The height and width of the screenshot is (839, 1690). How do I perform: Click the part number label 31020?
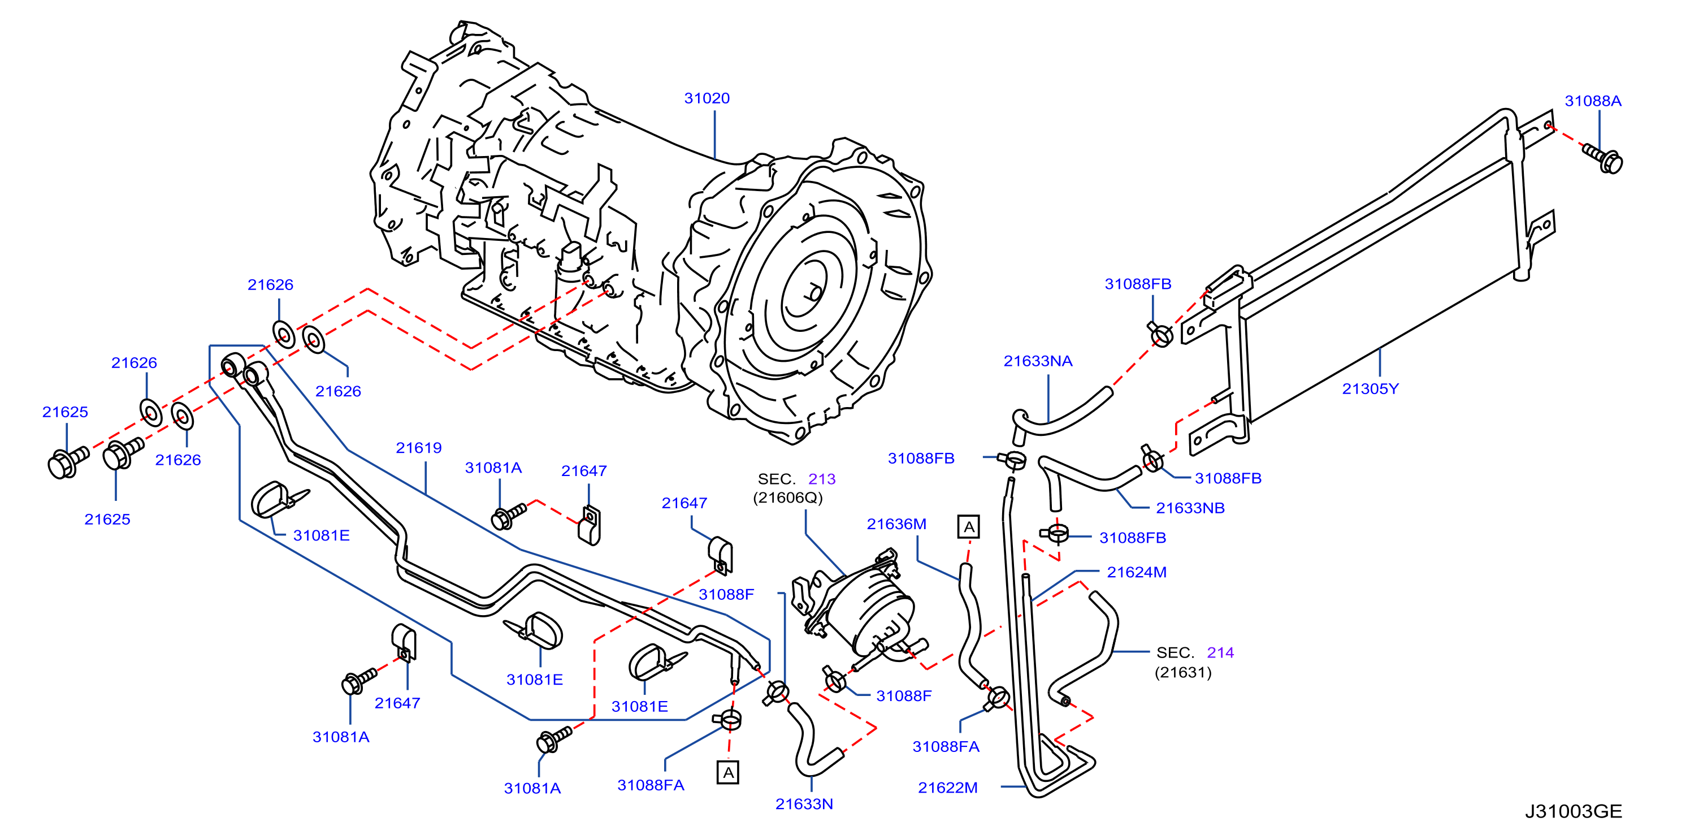pyautogui.click(x=707, y=98)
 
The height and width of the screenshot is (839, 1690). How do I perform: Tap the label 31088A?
pyautogui.click(x=1593, y=101)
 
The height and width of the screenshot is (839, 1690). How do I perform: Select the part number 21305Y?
pyautogui.click(x=1371, y=389)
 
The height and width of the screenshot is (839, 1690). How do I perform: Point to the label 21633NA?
pyautogui.click(x=1038, y=361)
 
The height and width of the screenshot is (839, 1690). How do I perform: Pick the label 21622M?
pyautogui.click(x=948, y=787)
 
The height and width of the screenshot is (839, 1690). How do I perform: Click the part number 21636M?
pyautogui.click(x=897, y=524)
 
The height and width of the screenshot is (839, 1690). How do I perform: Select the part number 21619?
pyautogui.click(x=419, y=448)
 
